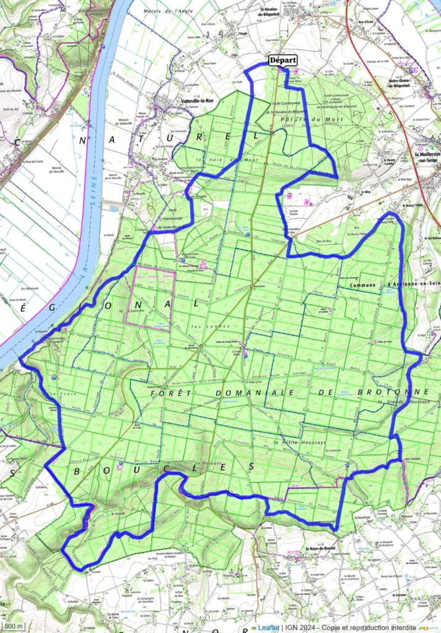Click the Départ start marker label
(283, 61)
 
